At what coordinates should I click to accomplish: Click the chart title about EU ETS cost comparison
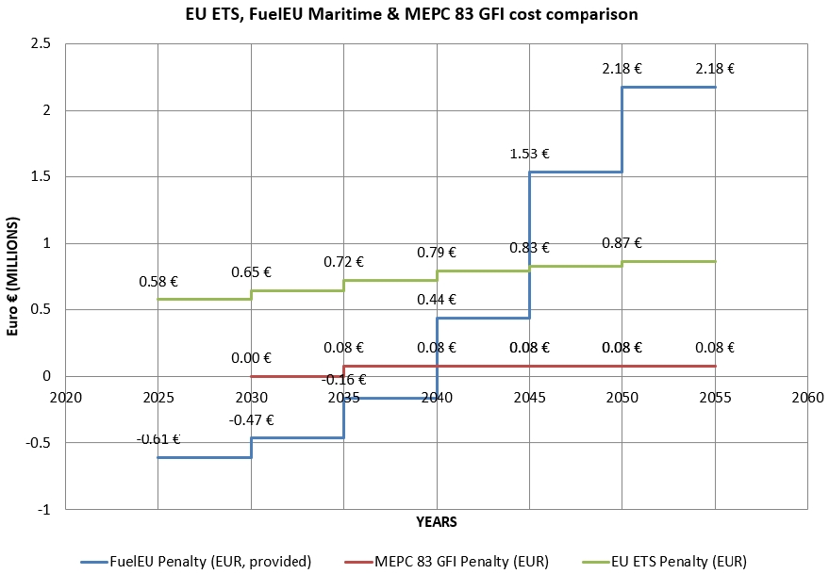click(x=414, y=14)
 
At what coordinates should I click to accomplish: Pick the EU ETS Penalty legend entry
click(x=686, y=562)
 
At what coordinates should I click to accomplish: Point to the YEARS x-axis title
click(x=437, y=520)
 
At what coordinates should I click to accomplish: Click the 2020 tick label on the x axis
click(x=65, y=397)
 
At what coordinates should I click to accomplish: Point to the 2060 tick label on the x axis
click(x=808, y=397)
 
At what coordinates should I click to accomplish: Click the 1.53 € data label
click(x=529, y=153)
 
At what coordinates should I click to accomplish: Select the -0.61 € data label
click(x=158, y=438)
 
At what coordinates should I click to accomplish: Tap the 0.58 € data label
click(x=158, y=281)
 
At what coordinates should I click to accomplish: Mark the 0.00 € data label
click(x=251, y=357)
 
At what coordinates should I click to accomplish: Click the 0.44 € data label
click(x=437, y=300)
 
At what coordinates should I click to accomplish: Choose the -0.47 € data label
click(x=250, y=419)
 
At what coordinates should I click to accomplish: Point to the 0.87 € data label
click(x=622, y=242)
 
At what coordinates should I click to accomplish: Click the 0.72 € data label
click(x=343, y=261)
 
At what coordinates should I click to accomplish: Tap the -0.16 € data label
click(x=343, y=380)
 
